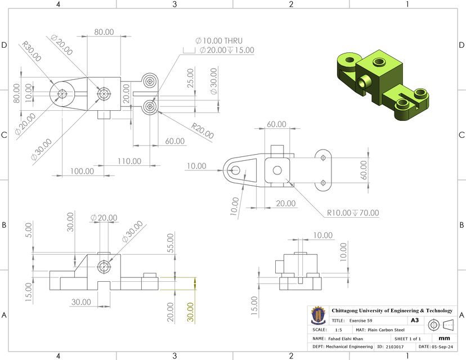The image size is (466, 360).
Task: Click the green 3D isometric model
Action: pyautogui.click(x=383, y=84)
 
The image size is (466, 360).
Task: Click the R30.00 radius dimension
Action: pyautogui.click(x=32, y=51)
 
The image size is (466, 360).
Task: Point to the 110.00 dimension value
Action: pyautogui.click(x=129, y=161)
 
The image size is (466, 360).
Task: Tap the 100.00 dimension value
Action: pyautogui.click(x=82, y=171)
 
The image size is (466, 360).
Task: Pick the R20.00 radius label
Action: pyautogui.click(x=202, y=131)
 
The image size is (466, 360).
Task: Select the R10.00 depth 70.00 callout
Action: pyautogui.click(x=353, y=213)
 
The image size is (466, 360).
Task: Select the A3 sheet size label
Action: pyautogui.click(x=415, y=320)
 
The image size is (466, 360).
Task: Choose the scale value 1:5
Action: pyautogui.click(x=339, y=330)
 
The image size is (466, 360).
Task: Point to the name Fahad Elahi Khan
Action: pyautogui.click(x=348, y=339)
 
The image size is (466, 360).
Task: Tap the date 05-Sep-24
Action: pyautogui.click(x=443, y=347)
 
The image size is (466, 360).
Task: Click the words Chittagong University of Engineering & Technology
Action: pyautogui.click(x=392, y=310)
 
